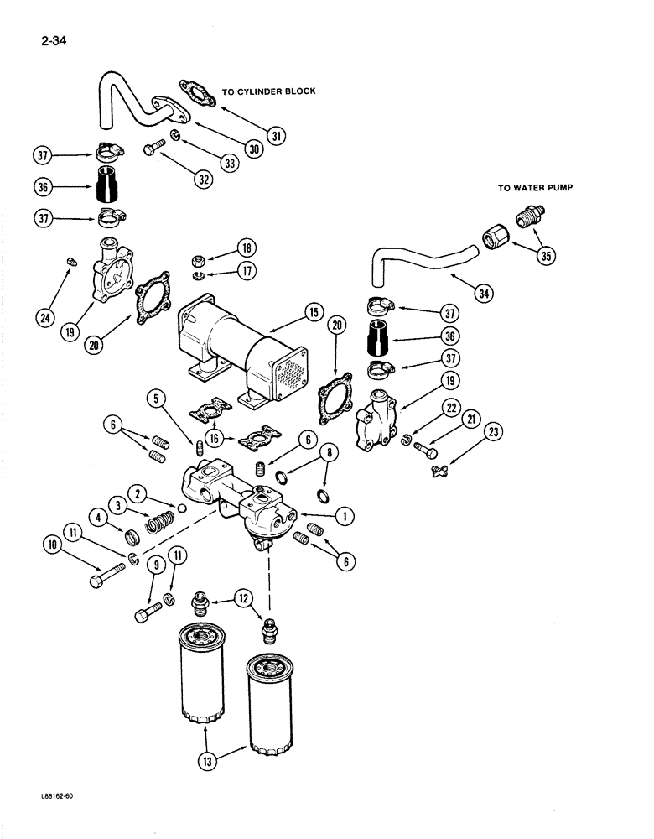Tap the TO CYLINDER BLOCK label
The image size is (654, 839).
click(x=268, y=91)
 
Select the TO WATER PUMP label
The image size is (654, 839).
click(x=533, y=189)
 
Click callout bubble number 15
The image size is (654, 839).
click(x=314, y=313)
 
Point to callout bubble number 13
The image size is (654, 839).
click(x=206, y=763)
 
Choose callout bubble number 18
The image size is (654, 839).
click(x=247, y=248)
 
